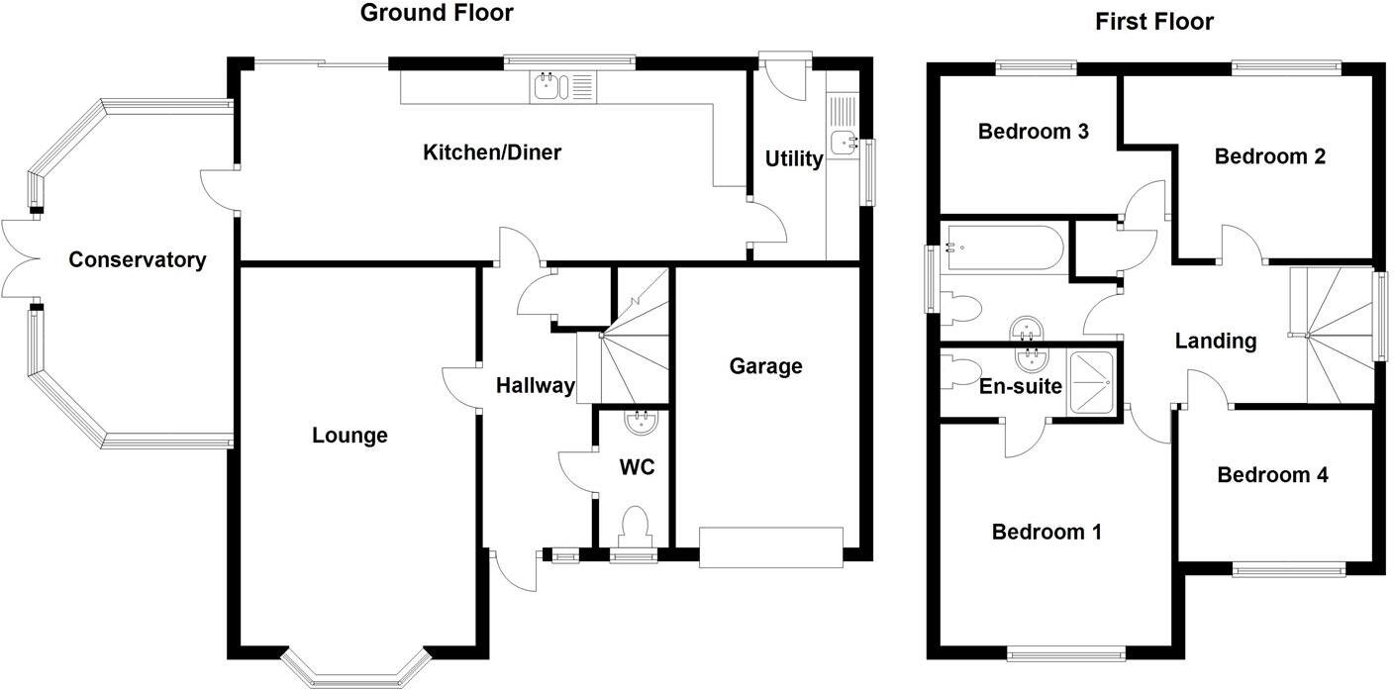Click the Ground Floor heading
coord(437,13)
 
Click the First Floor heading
coord(1154,22)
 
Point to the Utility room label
coord(794,159)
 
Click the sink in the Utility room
coord(843,142)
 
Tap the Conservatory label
coord(138,260)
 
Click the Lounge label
coord(349,436)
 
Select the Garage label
coord(765,366)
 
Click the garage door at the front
coord(771,547)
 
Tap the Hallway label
coord(536,386)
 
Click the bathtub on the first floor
coord(1003,248)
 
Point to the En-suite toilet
coord(959,371)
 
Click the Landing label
coord(1216,342)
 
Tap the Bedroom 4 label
coord(1272,475)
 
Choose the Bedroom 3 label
coord(1034,132)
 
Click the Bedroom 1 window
coord(1066,652)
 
